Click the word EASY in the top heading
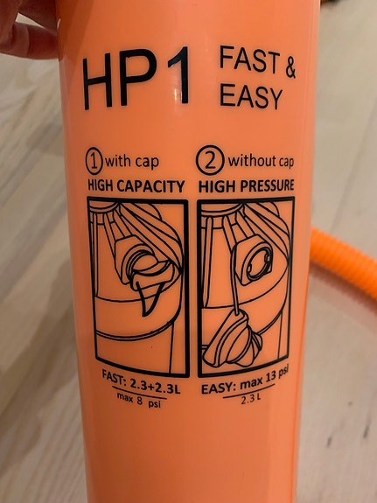pos(252,96)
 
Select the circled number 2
pos(213,162)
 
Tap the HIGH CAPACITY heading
pos(136,185)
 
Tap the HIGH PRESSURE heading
pos(246,185)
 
